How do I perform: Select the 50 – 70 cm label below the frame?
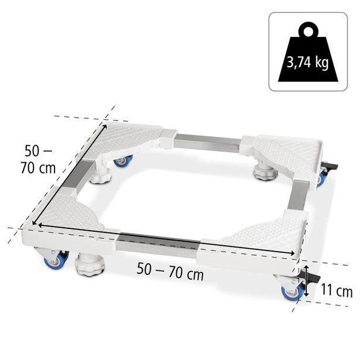pyautogui.click(x=169, y=270)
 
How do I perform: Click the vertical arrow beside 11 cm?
pyautogui.click(x=305, y=281)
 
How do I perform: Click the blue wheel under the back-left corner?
pyautogui.click(x=123, y=160)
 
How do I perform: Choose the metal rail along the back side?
pyautogui.click(x=208, y=140)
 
